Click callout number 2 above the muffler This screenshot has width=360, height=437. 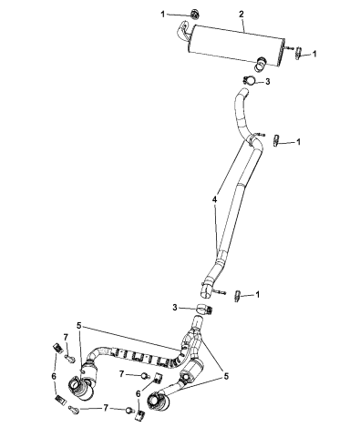tap(215, 14)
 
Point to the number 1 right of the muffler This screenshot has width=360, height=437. tap(315, 54)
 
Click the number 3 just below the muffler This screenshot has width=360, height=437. tap(267, 82)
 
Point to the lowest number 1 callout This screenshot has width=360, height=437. tap(259, 294)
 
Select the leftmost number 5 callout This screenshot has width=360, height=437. tap(79, 325)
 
